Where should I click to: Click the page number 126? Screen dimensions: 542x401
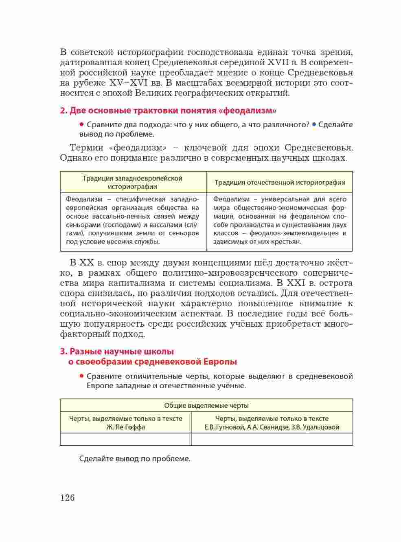coord(68,498)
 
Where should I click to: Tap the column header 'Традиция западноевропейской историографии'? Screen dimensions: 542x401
coord(133,182)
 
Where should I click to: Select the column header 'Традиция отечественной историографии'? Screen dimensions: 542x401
coord(280,182)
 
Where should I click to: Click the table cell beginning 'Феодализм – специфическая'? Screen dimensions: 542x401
coord(133,221)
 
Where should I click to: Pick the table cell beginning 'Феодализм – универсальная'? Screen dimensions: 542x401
coord(280,221)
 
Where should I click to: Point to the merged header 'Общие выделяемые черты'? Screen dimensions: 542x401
coord(206,405)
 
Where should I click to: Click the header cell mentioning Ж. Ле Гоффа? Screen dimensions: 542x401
coord(126,423)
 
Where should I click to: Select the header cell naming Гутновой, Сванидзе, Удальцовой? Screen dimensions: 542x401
coord(272,423)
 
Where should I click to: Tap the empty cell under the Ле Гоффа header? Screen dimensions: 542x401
coord(126,439)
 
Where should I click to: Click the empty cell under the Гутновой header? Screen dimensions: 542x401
coord(272,439)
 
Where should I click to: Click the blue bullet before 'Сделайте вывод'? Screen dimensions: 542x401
coord(314,124)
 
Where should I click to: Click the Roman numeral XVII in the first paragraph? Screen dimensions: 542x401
coord(278,62)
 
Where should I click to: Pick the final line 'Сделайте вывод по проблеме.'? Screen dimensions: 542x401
coord(135,459)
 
